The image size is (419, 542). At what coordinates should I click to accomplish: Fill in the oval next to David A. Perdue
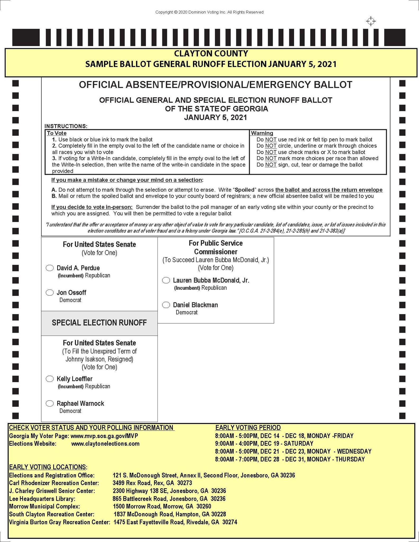click(x=50, y=268)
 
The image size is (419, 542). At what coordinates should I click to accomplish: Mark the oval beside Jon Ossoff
click(x=50, y=293)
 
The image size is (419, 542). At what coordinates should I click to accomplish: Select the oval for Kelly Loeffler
click(x=50, y=379)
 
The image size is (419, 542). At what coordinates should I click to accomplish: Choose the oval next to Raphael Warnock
click(x=50, y=404)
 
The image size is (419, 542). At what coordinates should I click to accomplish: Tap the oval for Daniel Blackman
click(x=166, y=305)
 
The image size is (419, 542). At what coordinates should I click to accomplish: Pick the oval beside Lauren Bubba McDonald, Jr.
click(x=166, y=280)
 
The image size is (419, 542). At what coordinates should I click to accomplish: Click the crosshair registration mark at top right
click(x=371, y=21)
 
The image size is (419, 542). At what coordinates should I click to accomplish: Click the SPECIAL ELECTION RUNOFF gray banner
click(x=99, y=323)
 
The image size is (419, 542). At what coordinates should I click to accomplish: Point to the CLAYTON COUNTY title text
click(x=211, y=53)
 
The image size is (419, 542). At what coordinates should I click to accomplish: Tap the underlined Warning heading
click(x=262, y=133)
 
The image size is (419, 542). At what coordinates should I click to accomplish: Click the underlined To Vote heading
click(x=57, y=133)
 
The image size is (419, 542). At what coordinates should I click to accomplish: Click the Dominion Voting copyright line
click(x=209, y=12)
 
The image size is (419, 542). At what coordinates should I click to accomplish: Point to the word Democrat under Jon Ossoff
click(x=70, y=300)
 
